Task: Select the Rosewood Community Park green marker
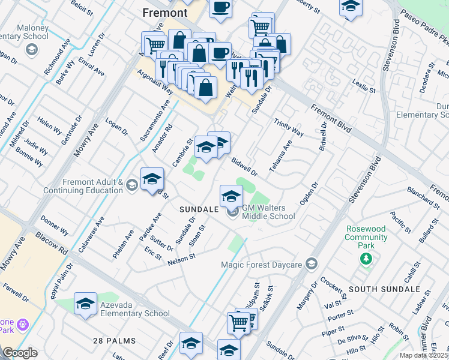tap(366, 258)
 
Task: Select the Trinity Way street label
tap(289, 127)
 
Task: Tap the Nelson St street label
tap(182, 257)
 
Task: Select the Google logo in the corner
tap(20, 353)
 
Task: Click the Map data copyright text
tap(424, 355)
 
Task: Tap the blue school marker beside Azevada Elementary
tap(85, 303)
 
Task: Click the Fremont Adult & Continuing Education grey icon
tap(131, 185)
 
